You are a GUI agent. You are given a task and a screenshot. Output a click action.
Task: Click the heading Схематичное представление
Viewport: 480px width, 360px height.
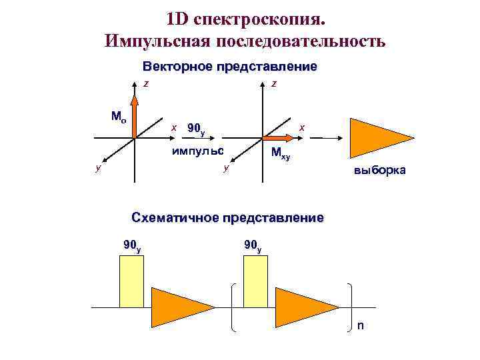[227, 217]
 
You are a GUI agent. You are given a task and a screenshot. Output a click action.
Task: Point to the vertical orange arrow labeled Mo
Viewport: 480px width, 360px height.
[135, 117]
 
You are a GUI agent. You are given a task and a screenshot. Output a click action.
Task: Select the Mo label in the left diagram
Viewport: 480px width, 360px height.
[118, 117]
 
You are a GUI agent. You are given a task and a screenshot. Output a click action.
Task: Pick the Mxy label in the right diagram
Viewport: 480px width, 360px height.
[280, 155]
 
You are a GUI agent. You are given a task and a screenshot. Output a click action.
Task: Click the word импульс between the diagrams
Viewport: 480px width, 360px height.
[197, 150]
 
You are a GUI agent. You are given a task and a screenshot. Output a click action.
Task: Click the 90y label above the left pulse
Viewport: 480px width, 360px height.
[132, 246]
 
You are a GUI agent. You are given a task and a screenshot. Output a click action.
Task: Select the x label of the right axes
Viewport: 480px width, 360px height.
[301, 127]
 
